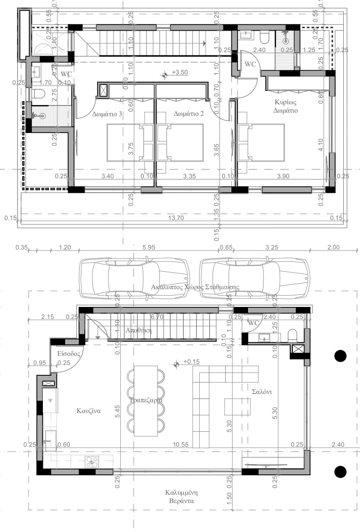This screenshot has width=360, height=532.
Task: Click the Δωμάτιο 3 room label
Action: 107,114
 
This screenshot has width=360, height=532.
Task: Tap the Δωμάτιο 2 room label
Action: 189,114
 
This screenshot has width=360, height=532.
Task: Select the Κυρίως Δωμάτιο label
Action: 285,106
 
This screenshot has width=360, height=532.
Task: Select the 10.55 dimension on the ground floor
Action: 181,445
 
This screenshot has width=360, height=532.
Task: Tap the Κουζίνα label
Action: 89,411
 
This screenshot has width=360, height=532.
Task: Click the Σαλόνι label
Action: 262,392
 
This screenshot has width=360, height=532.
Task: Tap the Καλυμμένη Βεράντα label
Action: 181,497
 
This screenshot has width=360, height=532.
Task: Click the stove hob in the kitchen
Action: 92,463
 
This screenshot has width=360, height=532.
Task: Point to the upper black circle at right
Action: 341,356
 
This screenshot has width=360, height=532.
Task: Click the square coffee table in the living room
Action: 237,407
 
